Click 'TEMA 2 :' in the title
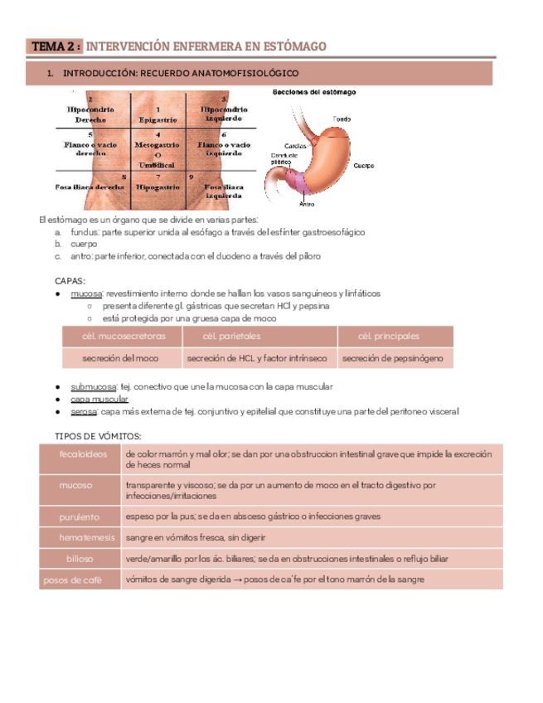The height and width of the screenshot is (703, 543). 56,46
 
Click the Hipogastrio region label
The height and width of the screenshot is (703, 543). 158,187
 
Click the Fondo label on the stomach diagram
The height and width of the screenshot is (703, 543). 342,119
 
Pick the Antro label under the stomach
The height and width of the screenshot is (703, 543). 307,202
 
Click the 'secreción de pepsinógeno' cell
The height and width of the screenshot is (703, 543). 397,358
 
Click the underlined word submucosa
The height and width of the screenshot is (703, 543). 93,386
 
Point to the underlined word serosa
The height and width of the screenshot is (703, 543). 85,411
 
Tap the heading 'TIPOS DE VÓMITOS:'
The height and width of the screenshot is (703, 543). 98,436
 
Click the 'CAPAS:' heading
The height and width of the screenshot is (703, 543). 69,281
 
